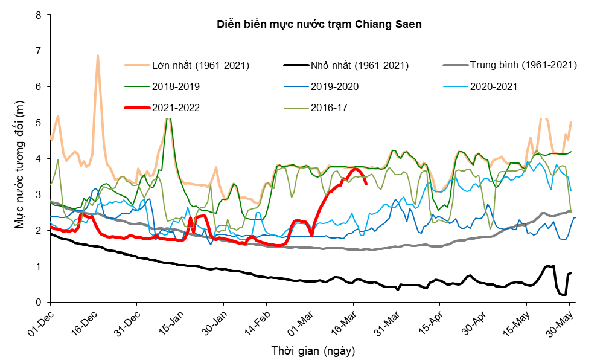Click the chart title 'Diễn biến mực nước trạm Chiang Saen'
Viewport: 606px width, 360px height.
(x=319, y=24)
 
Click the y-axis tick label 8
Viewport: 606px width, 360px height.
(x=38, y=16)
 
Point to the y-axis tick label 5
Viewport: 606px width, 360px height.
(x=38, y=123)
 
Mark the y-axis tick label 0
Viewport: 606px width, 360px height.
(x=38, y=303)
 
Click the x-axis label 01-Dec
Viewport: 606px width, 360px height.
(x=40, y=322)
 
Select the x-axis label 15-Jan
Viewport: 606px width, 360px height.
(x=170, y=322)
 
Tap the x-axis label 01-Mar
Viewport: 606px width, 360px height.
(x=300, y=322)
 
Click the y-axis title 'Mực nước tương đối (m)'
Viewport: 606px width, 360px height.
(x=20, y=164)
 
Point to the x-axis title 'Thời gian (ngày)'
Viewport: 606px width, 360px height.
(x=313, y=351)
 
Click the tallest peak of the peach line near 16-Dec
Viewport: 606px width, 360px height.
(x=98, y=56)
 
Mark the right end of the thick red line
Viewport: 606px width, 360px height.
(x=366, y=184)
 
